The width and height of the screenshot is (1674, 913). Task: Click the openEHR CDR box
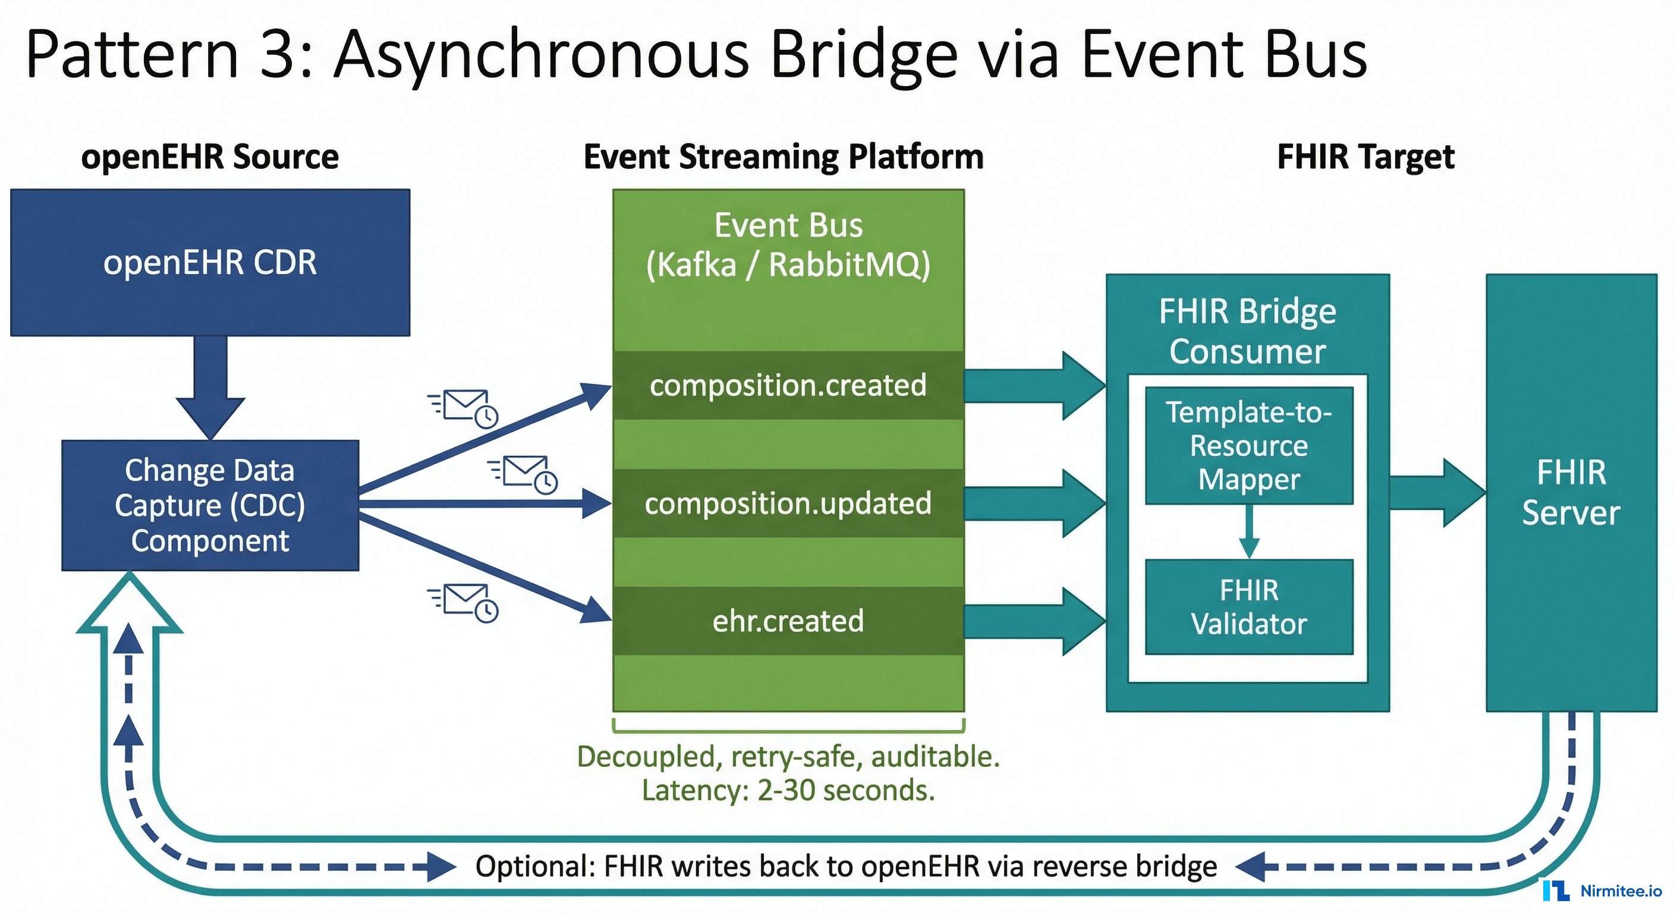tap(210, 263)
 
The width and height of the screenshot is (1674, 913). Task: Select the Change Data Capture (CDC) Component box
tap(210, 506)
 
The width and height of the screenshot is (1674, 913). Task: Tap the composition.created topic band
tap(788, 385)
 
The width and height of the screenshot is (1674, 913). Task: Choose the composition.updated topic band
tap(788, 503)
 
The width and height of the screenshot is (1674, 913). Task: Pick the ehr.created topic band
tap(788, 621)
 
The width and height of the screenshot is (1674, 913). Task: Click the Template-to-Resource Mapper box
tap(1248, 446)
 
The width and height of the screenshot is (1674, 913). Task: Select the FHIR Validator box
tap(1248, 607)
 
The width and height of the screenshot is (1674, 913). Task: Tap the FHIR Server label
tap(1571, 493)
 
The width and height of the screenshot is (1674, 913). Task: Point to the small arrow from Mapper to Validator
tap(1248, 531)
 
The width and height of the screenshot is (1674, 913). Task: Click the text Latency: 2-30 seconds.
tap(788, 790)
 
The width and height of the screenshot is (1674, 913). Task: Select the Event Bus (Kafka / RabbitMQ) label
tap(788, 245)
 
